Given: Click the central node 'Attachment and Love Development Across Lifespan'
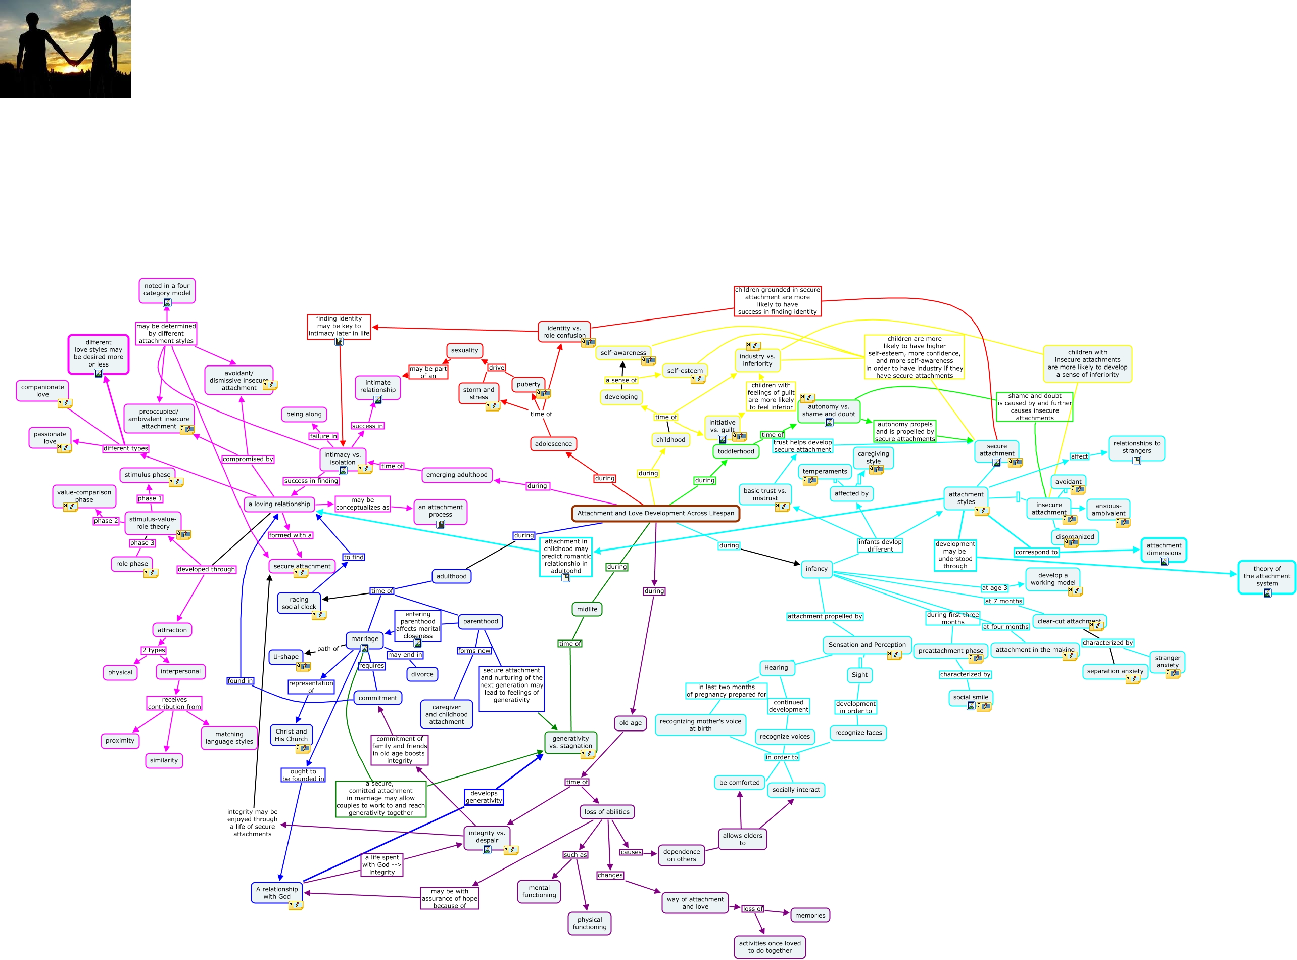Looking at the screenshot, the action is [655, 513].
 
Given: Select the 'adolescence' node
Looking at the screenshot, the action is [553, 444].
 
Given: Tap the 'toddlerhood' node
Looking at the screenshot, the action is [735, 451].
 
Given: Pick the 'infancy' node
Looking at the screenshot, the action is [816, 569].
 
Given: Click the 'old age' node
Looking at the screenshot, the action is [630, 723].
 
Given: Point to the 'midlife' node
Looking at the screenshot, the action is [587, 609].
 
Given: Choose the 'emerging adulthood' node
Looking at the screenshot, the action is [457, 475].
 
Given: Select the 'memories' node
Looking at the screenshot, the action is [810, 915].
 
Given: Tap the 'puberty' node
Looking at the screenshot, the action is [528, 384].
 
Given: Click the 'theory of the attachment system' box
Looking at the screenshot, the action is [1266, 576].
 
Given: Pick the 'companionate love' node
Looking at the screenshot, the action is [42, 390].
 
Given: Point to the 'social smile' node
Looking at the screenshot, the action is [970, 697].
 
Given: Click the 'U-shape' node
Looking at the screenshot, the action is [286, 657].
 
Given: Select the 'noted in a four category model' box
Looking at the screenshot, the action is [167, 289].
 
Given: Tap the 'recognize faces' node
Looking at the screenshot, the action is [858, 733].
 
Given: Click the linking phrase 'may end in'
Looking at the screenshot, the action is [405, 655].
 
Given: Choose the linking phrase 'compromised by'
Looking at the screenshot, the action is [248, 459].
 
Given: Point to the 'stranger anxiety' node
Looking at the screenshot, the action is [1167, 661].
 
